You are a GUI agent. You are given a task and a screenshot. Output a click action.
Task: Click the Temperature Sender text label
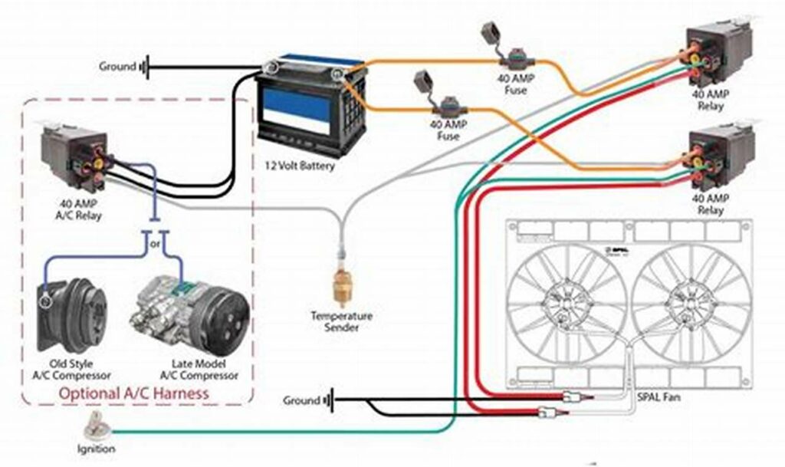341,321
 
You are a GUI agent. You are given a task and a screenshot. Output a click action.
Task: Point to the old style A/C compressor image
72,314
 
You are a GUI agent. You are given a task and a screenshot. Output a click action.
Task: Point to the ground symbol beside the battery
143,67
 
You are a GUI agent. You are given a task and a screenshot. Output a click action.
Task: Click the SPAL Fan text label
657,398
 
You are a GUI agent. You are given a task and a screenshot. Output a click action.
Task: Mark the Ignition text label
95,448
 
